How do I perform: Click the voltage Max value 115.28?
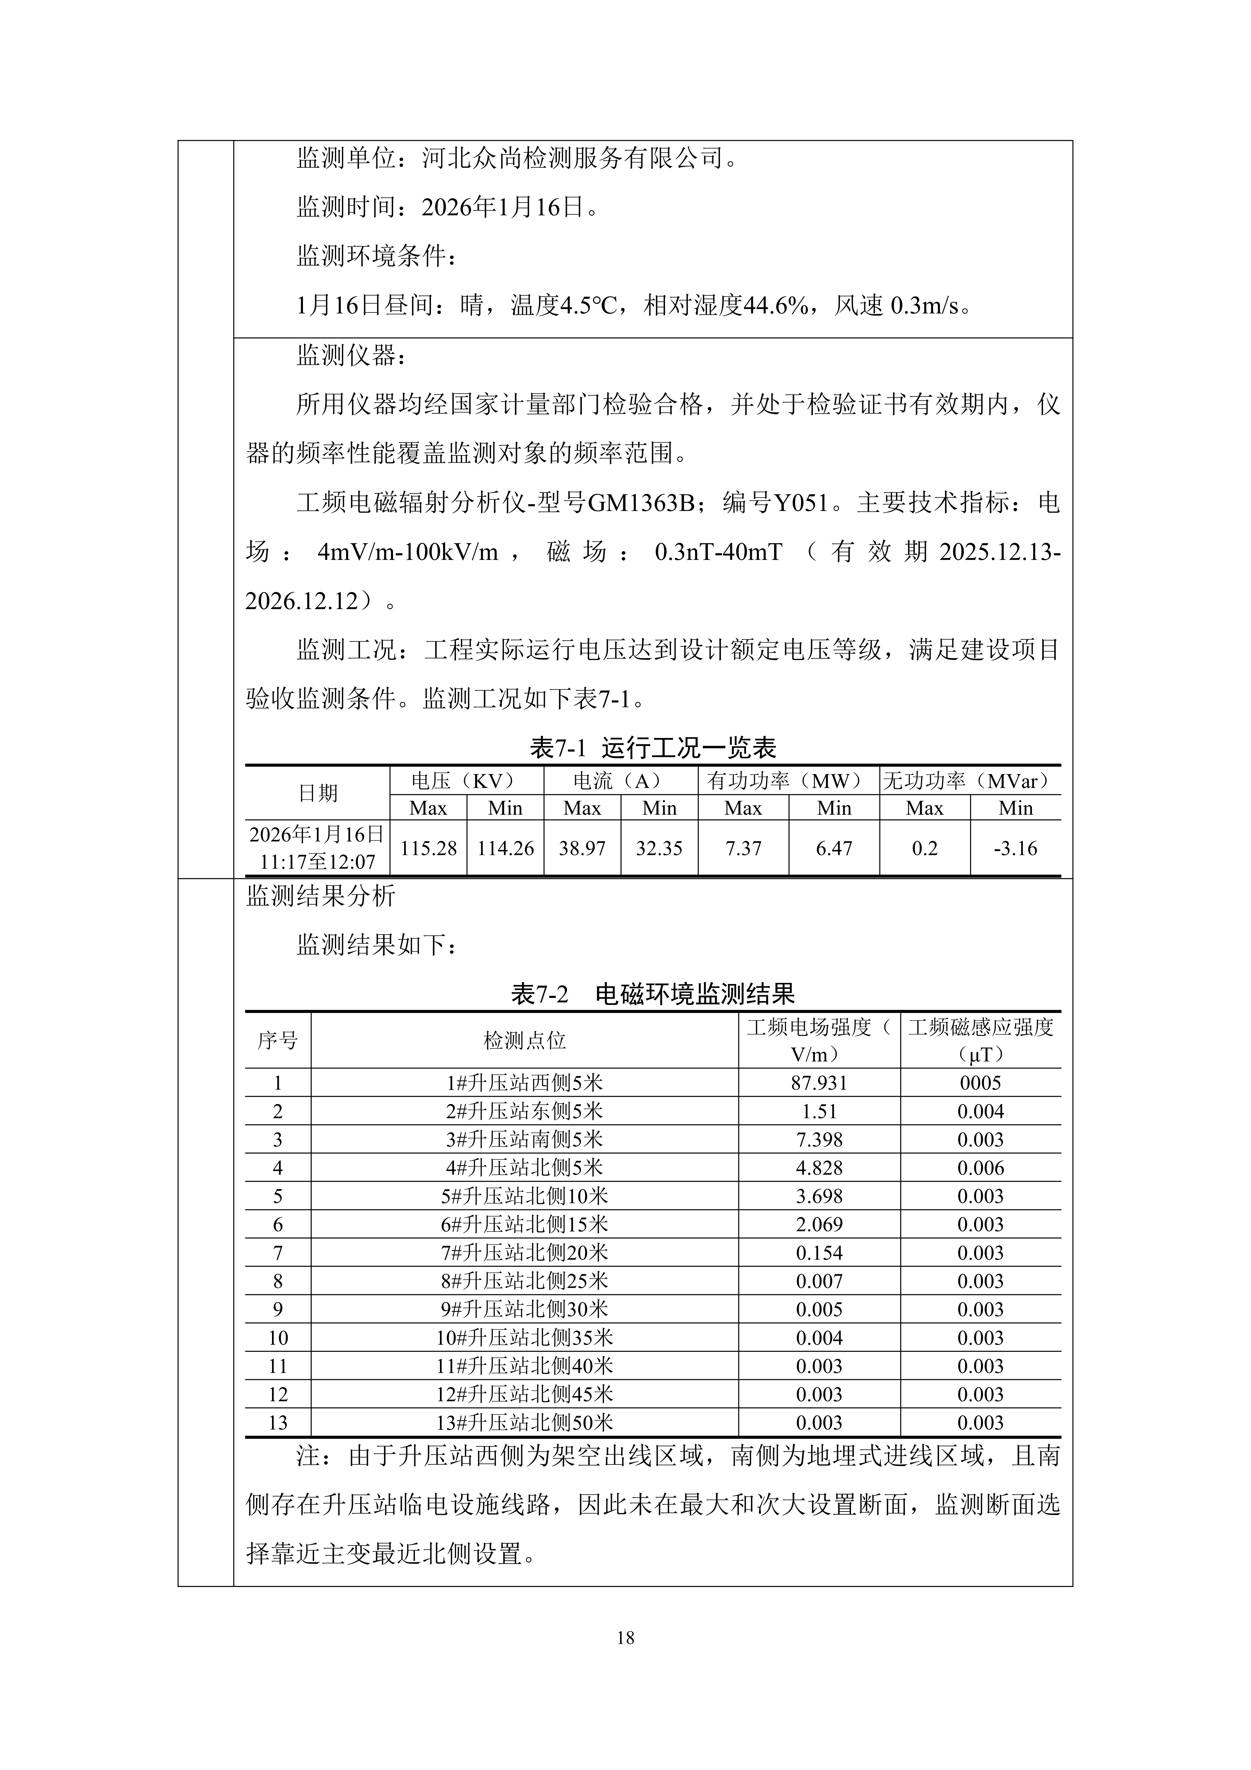click(x=428, y=848)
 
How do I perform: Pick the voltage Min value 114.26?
click(x=505, y=848)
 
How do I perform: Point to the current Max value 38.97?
click(x=582, y=848)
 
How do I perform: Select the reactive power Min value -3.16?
click(x=1015, y=848)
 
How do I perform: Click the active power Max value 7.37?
click(x=743, y=848)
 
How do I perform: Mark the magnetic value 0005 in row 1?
click(x=980, y=1083)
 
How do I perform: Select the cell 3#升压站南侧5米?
click(x=524, y=1140)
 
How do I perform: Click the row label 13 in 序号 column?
click(x=278, y=1422)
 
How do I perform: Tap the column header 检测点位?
click(x=524, y=1041)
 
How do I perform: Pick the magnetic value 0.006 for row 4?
click(x=980, y=1168)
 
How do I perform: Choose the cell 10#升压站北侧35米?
click(x=524, y=1338)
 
